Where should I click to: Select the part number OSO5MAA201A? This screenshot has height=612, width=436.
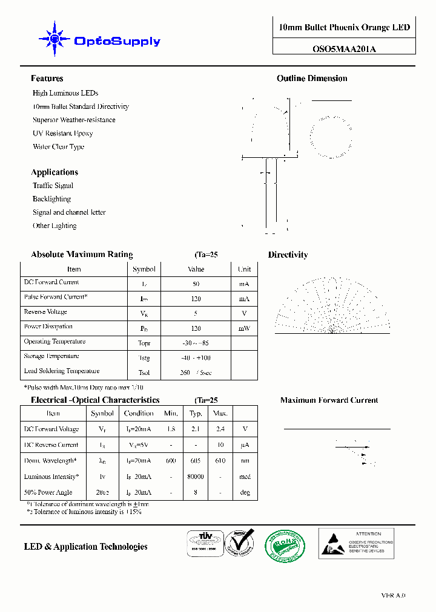tap(344, 50)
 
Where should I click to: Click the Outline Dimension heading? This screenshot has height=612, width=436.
tap(312, 79)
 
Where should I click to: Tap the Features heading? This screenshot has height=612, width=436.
tap(47, 79)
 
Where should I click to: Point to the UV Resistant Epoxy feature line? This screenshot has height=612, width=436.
tap(62, 133)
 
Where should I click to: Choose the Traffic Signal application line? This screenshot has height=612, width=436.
tap(53, 186)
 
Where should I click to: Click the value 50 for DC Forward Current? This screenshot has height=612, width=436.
tap(196, 284)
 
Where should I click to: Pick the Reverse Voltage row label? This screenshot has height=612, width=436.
tap(45, 312)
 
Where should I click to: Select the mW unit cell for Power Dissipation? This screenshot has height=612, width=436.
tap(244, 328)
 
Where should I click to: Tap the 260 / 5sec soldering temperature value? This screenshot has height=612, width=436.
tap(196, 373)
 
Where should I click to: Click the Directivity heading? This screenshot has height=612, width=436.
tap(288, 255)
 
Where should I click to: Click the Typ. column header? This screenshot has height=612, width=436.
tap(196, 414)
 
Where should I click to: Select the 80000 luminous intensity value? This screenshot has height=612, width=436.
tap(196, 477)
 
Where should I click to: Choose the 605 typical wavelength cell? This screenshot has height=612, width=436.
tap(196, 461)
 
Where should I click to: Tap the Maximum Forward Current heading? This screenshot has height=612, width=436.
tap(329, 400)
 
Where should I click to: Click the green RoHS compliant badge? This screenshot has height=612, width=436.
tap(286, 545)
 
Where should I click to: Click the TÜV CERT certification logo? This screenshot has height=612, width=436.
tap(201, 543)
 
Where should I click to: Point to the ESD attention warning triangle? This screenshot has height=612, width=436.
tap(331, 544)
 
